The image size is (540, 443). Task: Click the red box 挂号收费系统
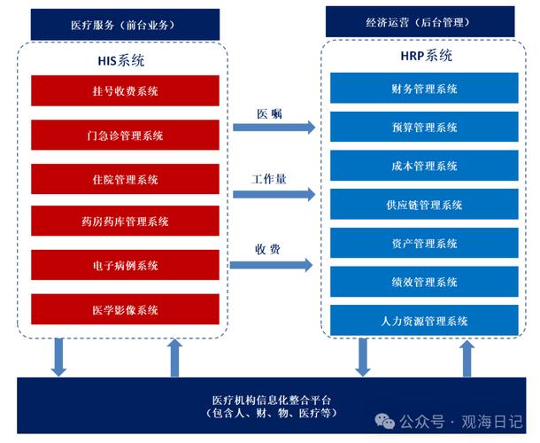click(125, 91)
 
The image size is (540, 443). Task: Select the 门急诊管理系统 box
click(125, 135)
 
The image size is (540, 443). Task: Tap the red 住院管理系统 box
click(125, 179)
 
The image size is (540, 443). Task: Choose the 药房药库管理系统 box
click(125, 221)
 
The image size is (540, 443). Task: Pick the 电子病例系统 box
click(125, 265)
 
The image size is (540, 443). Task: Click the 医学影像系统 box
click(125, 309)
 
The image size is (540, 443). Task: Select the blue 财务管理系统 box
click(424, 89)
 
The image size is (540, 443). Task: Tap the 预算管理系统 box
click(424, 127)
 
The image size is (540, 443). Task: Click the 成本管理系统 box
click(424, 166)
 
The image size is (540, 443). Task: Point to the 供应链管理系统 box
click(424, 205)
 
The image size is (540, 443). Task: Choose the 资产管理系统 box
click(424, 243)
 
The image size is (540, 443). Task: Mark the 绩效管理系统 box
click(424, 282)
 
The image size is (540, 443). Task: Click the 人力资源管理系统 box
click(424, 321)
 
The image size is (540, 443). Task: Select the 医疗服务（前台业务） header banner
click(125, 24)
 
